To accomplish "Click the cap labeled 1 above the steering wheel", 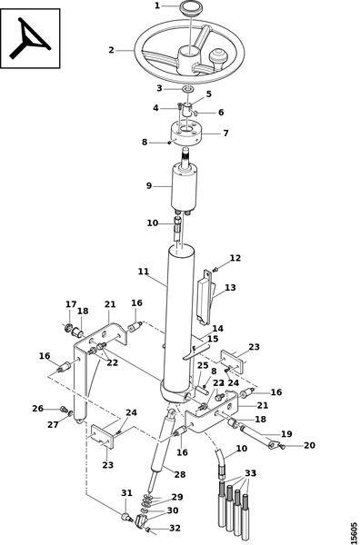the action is click(190, 9).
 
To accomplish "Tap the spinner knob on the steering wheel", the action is click(218, 61).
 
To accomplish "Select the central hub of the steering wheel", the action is click(190, 61).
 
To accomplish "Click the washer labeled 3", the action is click(188, 90).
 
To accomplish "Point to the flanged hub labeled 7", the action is click(186, 133).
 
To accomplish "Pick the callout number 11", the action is click(144, 272).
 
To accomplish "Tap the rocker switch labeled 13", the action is click(206, 298).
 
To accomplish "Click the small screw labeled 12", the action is click(215, 269).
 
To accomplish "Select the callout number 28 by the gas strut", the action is click(180, 474).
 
